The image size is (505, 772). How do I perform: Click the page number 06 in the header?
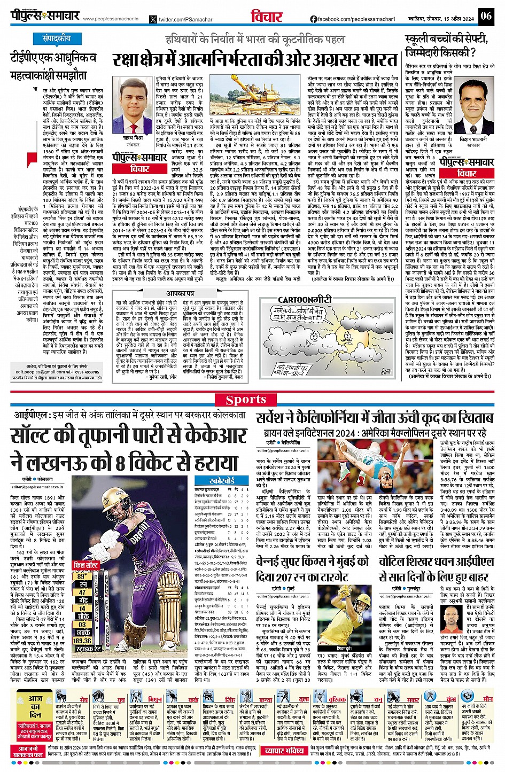485,15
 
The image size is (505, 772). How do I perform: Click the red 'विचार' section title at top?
267,17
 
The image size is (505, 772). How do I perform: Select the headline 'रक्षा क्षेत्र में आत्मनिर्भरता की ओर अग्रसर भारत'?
254,59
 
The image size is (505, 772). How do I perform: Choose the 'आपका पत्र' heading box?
180,293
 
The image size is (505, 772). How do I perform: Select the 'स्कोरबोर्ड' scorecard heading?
222,480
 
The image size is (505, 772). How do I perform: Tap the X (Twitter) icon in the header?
153,19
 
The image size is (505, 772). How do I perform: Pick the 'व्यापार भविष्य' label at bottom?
285,751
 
